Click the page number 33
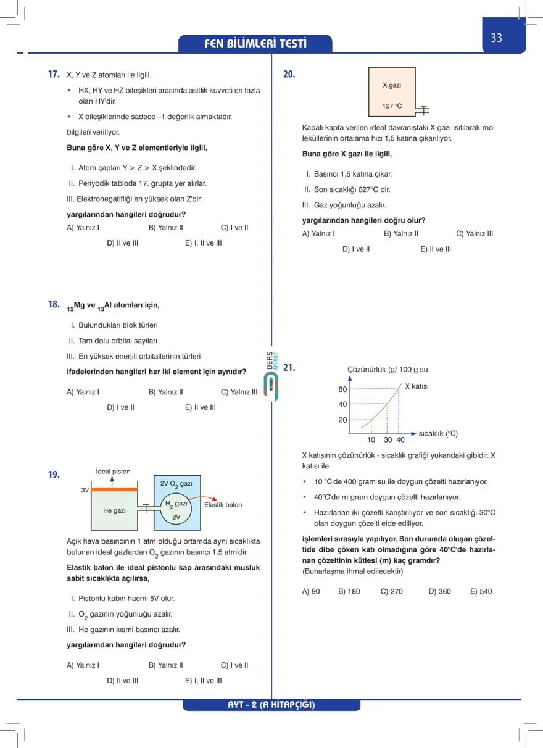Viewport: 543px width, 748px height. point(497,38)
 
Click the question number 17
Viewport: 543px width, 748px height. point(54,74)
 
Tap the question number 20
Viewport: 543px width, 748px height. point(289,74)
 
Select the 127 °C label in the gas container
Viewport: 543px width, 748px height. point(392,106)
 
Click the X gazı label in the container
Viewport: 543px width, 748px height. point(392,85)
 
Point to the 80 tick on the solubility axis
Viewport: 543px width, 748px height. point(342,389)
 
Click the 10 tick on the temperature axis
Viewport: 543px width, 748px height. point(371,439)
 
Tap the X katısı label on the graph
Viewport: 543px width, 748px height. point(417,386)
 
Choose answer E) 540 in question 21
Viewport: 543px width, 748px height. point(481,591)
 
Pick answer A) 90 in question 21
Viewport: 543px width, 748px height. point(311,591)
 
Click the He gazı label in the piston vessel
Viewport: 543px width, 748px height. point(115,511)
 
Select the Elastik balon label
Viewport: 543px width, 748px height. point(223,505)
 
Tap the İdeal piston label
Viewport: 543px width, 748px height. point(114,472)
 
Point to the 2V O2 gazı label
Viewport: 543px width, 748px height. point(176,484)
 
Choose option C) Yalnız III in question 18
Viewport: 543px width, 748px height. point(239,391)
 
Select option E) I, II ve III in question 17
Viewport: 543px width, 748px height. point(203,243)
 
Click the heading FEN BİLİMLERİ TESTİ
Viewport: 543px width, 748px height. point(255,44)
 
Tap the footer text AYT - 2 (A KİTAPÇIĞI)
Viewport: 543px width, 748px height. point(271,705)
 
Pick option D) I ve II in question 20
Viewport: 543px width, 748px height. point(356,249)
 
